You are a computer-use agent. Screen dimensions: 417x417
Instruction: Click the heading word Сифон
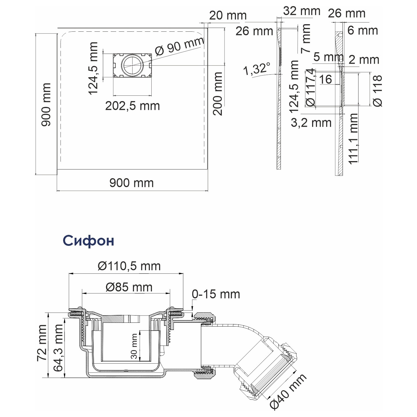pyautogui.click(x=88, y=240)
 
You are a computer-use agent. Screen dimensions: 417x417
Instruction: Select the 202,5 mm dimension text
pyautogui.click(x=133, y=106)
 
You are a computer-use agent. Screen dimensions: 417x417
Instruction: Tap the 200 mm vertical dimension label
pyautogui.click(x=218, y=94)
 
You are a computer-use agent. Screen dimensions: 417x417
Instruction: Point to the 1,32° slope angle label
pyautogui.click(x=257, y=69)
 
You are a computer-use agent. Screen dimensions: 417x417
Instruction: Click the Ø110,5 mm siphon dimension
pyautogui.click(x=129, y=266)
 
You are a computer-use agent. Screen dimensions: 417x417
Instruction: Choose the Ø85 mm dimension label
pyautogui.click(x=129, y=287)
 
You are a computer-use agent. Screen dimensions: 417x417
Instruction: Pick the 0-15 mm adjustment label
pyautogui.click(x=216, y=294)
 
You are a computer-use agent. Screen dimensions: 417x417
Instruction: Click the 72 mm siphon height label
pyautogui.click(x=42, y=343)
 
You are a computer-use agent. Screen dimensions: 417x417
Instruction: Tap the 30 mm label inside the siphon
pyautogui.click(x=134, y=346)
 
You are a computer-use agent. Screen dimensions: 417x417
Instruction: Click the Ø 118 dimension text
pyautogui.click(x=378, y=91)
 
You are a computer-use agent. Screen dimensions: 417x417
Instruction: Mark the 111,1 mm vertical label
pyautogui.click(x=353, y=139)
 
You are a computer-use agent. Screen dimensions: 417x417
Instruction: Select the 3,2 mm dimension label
pyautogui.click(x=311, y=123)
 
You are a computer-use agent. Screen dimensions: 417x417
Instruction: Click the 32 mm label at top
pyautogui.click(x=302, y=11)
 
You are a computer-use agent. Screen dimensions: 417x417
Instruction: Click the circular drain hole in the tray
pyautogui.click(x=132, y=65)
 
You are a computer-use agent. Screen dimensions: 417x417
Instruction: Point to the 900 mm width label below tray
pyautogui.click(x=132, y=183)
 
